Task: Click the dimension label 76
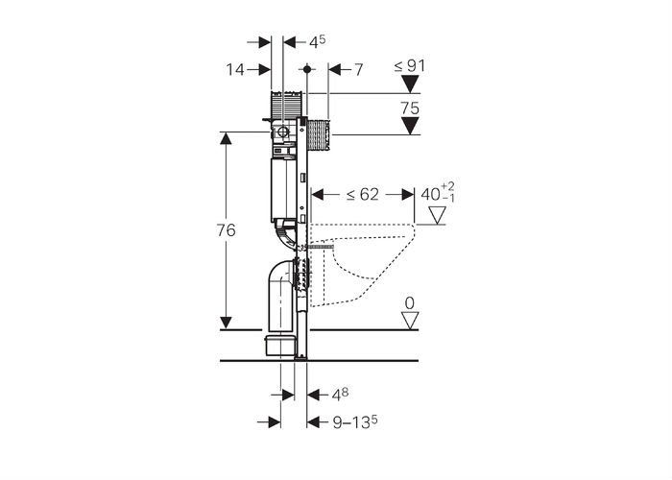[226, 230]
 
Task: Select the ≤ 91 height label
[410, 66]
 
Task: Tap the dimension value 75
[410, 108]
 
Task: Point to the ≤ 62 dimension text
[363, 195]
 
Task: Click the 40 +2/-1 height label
[437, 192]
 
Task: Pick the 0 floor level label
[410, 303]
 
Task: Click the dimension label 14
[235, 69]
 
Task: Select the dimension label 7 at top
[359, 69]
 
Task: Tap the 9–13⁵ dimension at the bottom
[355, 422]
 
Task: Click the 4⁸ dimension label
[340, 395]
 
